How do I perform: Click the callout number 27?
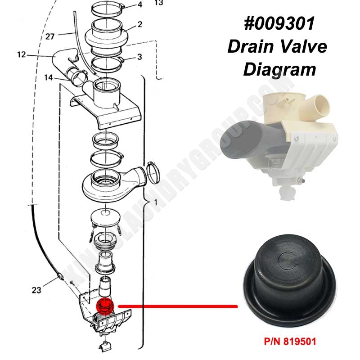point(50,36)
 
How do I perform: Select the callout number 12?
point(22,55)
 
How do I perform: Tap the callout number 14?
point(49,77)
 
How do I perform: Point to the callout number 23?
point(36,290)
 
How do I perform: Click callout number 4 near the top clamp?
point(140,4)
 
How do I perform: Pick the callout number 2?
point(140,24)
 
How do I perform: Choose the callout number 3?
point(139,57)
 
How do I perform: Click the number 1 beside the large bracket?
point(156,202)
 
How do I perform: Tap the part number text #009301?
point(279,24)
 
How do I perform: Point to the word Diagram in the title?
point(279,70)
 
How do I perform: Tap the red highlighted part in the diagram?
point(105,306)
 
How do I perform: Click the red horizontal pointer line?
point(178,306)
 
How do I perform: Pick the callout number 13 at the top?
point(159,3)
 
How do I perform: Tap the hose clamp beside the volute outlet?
point(152,173)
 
